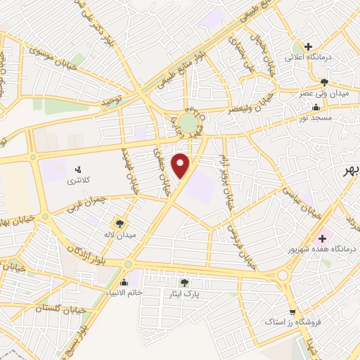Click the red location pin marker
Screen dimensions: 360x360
point(181,165)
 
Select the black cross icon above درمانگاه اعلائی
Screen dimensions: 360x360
point(308,46)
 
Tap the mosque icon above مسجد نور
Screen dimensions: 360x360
point(315,108)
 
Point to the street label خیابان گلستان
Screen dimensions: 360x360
point(59,309)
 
